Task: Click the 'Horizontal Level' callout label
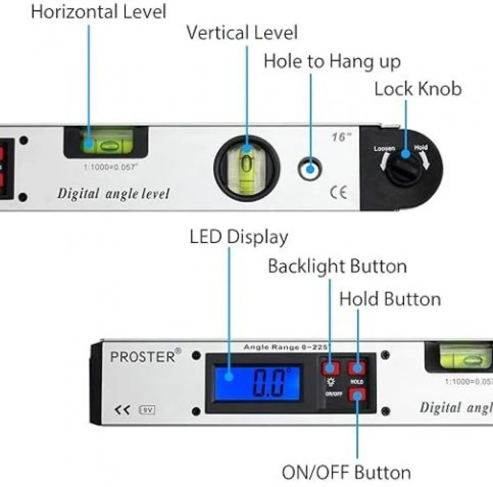tap(99, 12)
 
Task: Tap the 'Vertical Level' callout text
tap(242, 33)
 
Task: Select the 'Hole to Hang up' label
tap(332, 62)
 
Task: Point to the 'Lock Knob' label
tap(418, 89)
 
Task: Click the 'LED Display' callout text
tap(239, 237)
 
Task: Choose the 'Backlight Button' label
tap(337, 266)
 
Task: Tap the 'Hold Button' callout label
tap(390, 299)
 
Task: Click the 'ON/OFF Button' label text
tap(346, 473)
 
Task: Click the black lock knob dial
tap(405, 166)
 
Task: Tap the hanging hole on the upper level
tap(310, 168)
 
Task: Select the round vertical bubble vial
tap(246, 166)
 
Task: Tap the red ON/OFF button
tap(357, 395)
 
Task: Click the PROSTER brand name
tap(143, 356)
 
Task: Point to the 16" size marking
tap(341, 137)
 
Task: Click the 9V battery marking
tap(147, 410)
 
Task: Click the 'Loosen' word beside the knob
tap(384, 148)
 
